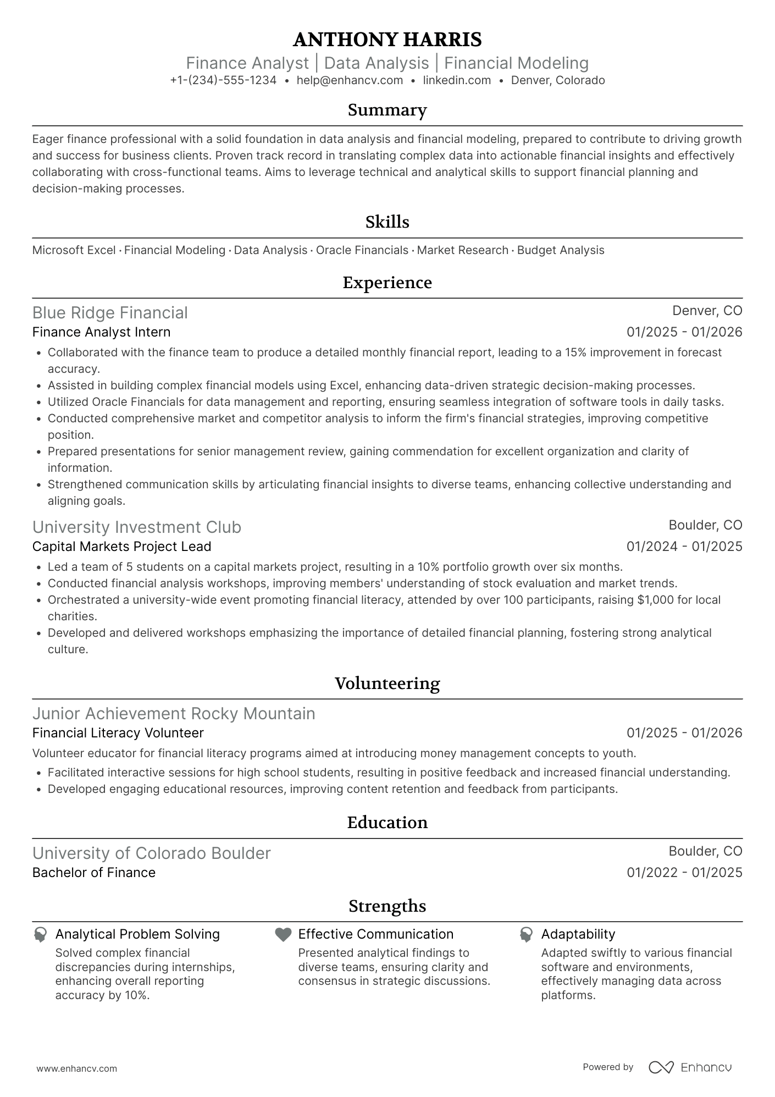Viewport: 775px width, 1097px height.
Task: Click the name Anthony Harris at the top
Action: click(x=387, y=40)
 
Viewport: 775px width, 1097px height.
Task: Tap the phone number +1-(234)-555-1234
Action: click(x=223, y=80)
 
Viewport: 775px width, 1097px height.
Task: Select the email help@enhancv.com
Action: click(x=350, y=80)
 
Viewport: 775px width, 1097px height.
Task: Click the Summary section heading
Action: click(x=387, y=110)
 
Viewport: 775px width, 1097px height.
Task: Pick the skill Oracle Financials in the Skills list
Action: click(x=362, y=250)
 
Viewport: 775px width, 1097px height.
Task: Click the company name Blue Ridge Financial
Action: click(x=110, y=313)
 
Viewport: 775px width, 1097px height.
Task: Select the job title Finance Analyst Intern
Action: click(x=102, y=332)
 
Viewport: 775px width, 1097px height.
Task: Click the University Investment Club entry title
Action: click(x=137, y=527)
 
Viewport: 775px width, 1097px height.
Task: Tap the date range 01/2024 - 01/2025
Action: click(x=684, y=547)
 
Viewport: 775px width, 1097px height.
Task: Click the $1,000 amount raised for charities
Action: click(x=655, y=600)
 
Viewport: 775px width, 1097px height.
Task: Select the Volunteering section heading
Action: click(x=387, y=683)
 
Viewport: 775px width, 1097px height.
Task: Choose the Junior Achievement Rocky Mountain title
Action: click(x=174, y=714)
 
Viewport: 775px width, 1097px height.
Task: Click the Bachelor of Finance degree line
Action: click(x=94, y=873)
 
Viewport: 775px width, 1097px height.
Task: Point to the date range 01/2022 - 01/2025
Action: click(x=684, y=873)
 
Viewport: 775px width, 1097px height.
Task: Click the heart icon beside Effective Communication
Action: click(x=283, y=935)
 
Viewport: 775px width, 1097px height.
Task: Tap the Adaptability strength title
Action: click(x=578, y=934)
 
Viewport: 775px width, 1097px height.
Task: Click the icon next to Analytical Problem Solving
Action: click(x=40, y=935)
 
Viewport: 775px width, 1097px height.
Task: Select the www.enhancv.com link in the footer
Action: click(x=77, y=1069)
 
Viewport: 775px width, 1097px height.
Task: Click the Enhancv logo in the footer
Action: click(x=690, y=1067)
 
